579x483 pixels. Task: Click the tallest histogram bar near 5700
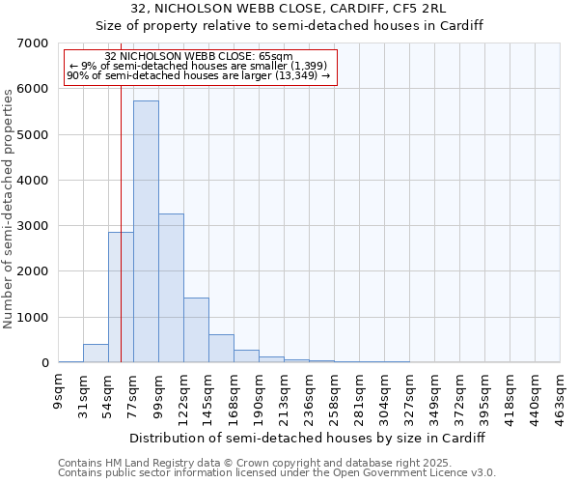coord(146,232)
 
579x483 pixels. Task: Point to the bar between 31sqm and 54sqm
coord(96,354)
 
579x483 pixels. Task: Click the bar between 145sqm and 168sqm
coord(221,349)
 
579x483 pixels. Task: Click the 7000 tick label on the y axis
coord(31,43)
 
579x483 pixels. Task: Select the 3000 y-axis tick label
coord(31,226)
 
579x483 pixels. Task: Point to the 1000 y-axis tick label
coord(31,318)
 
